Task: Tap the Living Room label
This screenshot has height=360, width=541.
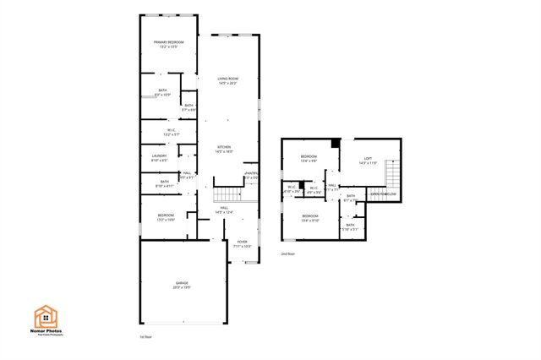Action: coord(227,80)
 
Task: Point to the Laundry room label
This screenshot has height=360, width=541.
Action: coord(159,158)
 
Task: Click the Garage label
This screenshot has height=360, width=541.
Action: coord(182,285)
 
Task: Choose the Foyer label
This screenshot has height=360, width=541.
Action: coord(243,243)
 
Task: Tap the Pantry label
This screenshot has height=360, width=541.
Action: coord(251,176)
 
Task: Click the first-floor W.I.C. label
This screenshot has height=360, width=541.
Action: coord(171,132)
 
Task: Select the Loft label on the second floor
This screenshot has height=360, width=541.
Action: coord(368,159)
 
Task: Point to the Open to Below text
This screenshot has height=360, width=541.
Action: coord(383,194)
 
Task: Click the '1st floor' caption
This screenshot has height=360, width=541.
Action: coord(145,336)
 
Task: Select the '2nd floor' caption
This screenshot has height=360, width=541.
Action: coord(287,254)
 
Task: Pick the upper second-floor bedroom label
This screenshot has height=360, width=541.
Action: coord(309,158)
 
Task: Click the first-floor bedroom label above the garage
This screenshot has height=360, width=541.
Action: coord(166,217)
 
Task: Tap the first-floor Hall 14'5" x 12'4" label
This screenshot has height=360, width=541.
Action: coord(224,210)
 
